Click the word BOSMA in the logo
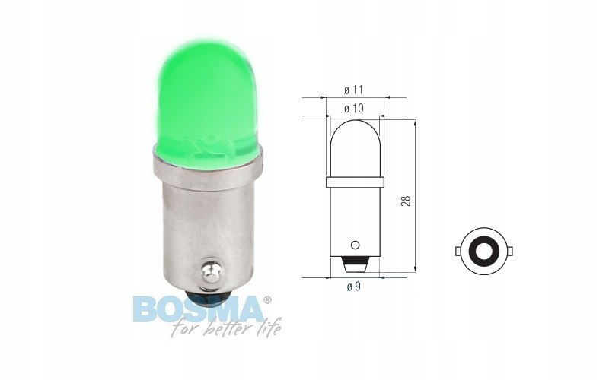pos(198,309)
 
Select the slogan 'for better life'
pos(226,329)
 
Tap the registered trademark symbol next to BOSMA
pos(267,300)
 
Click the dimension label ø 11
pos(353,90)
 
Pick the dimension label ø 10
pos(354,109)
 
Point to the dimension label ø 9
pos(354,287)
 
